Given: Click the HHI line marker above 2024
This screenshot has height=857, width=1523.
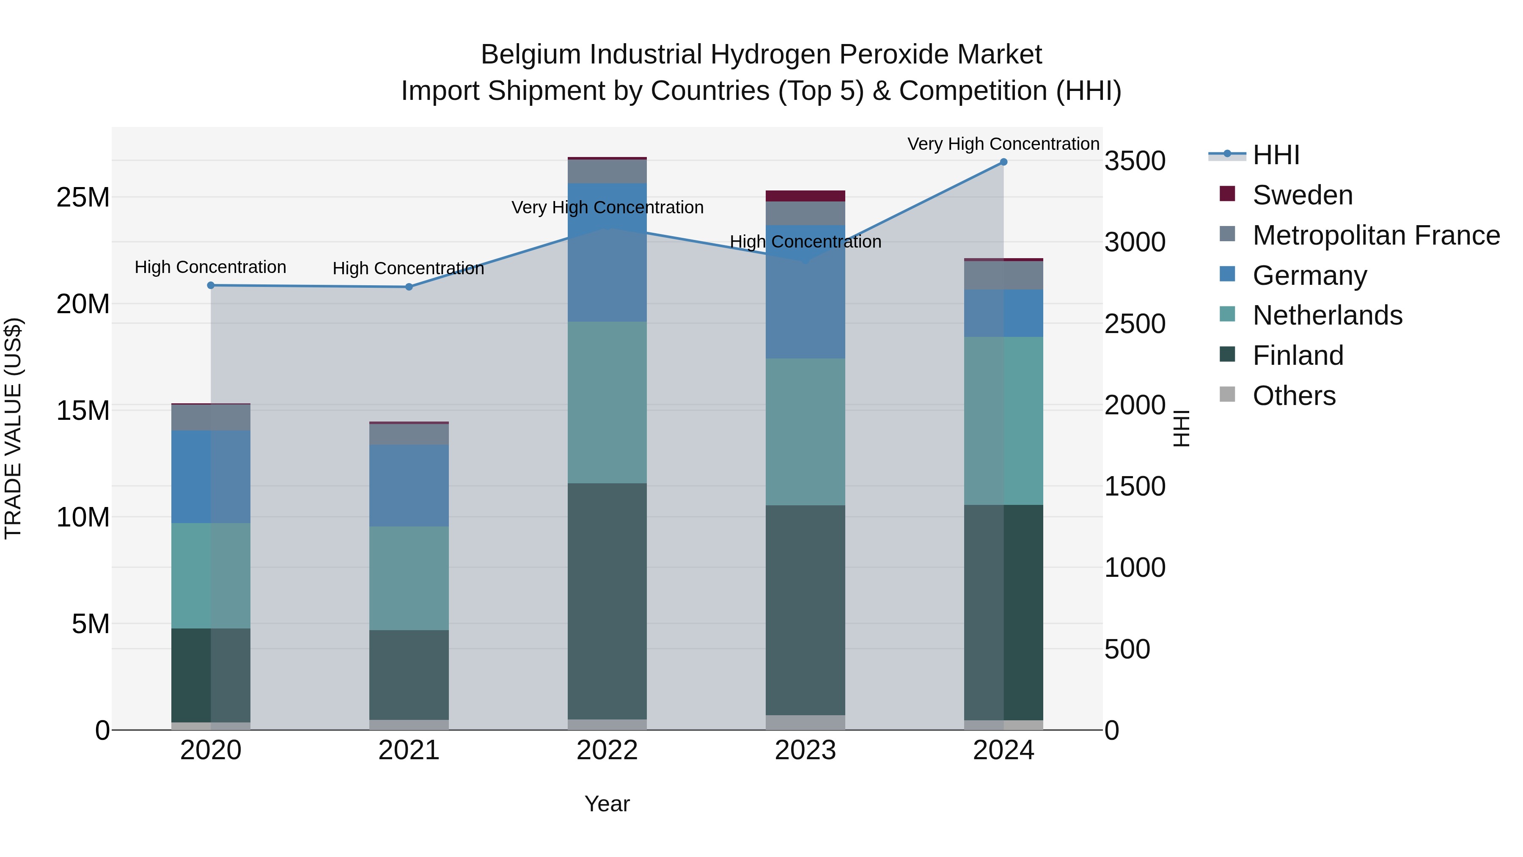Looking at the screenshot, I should point(1003,162).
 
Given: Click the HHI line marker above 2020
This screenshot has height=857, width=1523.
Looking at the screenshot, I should point(211,285).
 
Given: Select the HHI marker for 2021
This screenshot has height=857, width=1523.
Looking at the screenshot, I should point(409,287).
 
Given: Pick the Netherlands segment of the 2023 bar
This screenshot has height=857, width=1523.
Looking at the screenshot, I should point(805,432).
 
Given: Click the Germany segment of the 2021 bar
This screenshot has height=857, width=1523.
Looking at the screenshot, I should point(409,485).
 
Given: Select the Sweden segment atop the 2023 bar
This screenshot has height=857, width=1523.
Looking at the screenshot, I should point(805,196).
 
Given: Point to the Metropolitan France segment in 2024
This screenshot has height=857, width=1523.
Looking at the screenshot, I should point(1003,275).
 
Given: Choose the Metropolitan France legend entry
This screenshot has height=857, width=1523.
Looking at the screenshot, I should point(1376,235).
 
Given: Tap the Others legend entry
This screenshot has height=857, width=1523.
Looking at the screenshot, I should point(1294,396).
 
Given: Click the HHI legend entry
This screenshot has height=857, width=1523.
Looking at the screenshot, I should point(1276,155).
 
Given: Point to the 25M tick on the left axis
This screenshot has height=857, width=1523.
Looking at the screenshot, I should point(83,198).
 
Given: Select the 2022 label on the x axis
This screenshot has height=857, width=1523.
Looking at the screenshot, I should point(607,750).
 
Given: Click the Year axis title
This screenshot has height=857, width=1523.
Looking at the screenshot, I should point(607,804).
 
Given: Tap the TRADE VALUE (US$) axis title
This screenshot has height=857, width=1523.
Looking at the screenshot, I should point(13,428).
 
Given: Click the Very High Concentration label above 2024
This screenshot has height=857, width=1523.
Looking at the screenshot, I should point(1003,144).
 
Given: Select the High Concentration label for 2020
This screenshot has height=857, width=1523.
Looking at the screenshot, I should point(211,267).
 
